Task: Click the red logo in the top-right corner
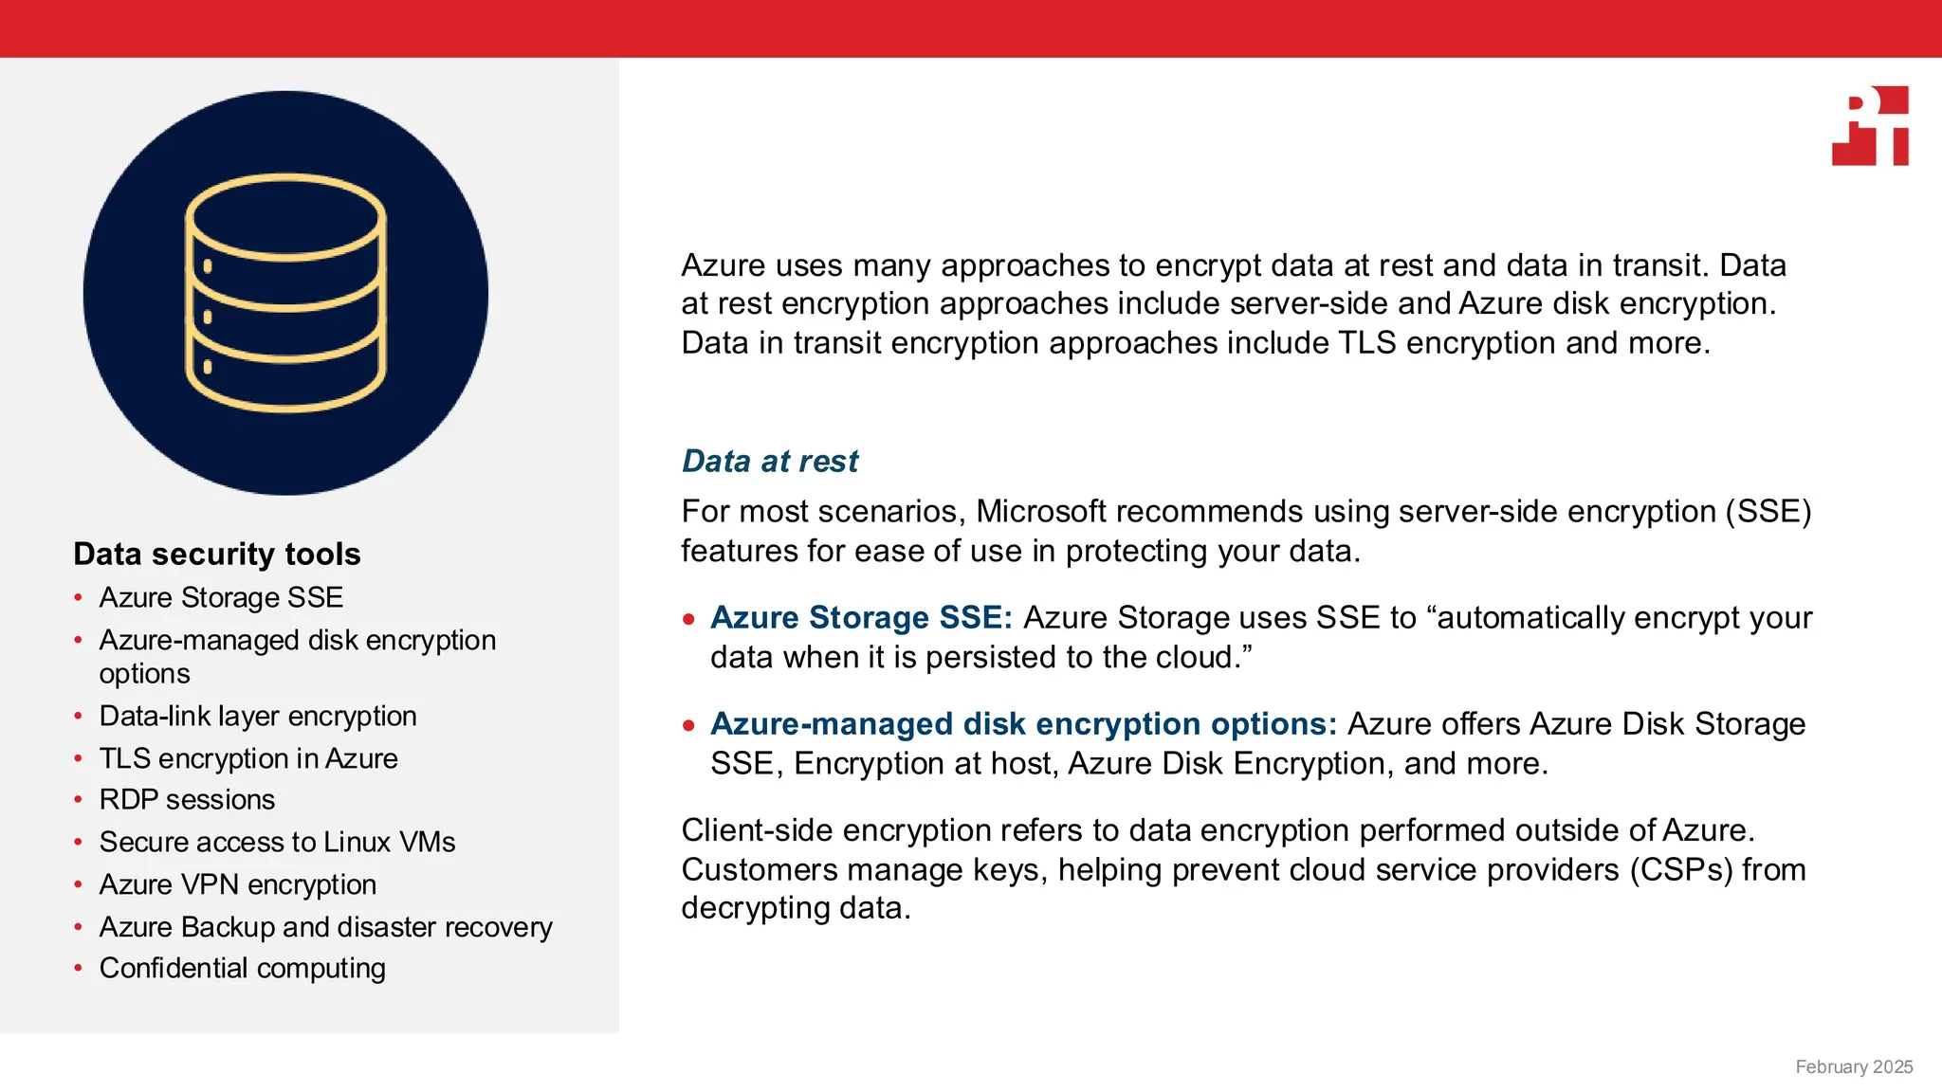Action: [x=1871, y=126]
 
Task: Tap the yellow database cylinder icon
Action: [x=285, y=292]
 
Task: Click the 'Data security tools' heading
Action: [x=217, y=554]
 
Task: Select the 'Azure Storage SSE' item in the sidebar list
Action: [x=221, y=597]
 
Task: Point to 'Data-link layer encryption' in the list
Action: [x=258, y=716]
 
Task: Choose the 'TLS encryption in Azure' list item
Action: [x=248, y=758]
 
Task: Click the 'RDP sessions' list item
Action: [x=187, y=799]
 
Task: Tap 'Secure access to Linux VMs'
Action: [x=277, y=842]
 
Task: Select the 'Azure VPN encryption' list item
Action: [x=238, y=884]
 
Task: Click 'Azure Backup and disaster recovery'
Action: [x=325, y=926]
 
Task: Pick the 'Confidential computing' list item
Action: [x=242, y=968]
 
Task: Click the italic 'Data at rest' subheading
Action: [x=770, y=461]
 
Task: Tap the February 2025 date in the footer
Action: [x=1854, y=1066]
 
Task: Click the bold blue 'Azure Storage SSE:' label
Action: [x=861, y=617]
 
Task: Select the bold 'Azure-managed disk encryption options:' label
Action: [x=1023, y=723]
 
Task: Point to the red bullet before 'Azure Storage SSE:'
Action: [x=689, y=620]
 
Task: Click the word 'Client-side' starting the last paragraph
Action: [x=757, y=829]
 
